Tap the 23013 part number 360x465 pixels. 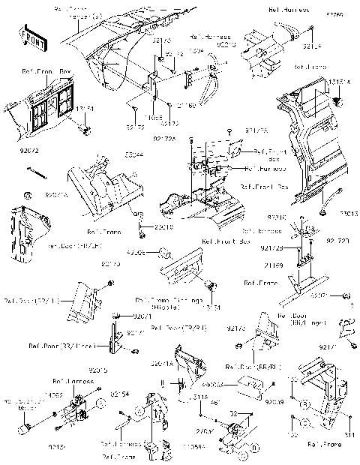[347, 213]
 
